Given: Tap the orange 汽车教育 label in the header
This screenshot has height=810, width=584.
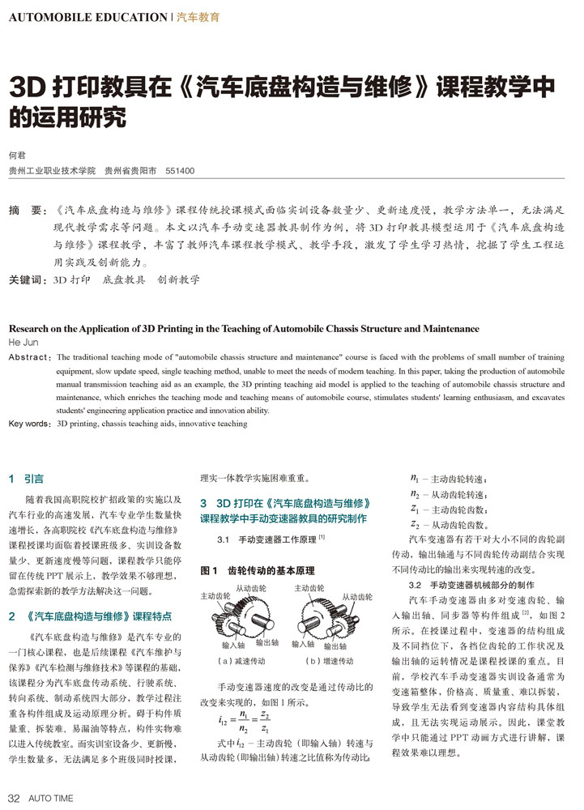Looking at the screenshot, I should (198, 16).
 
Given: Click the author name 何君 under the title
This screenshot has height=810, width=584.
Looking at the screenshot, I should (17, 155).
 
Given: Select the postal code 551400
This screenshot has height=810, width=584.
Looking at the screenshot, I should (180, 172).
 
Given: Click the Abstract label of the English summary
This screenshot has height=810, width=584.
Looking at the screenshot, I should (29, 356).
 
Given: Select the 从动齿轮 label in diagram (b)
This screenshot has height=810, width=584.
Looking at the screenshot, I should (356, 596).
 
